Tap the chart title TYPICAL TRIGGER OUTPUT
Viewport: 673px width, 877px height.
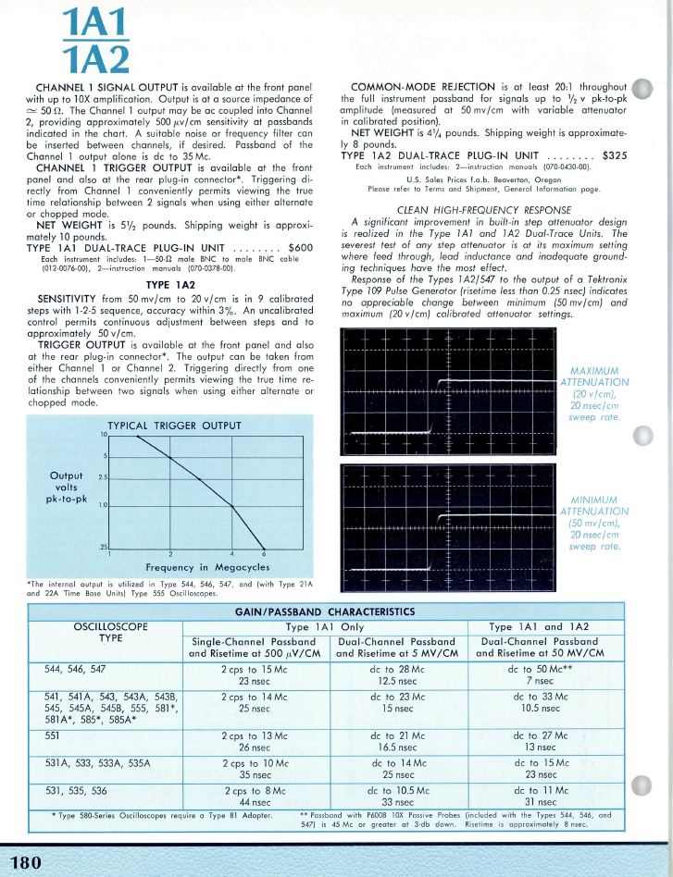coord(174,426)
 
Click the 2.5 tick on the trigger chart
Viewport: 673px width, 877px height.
coord(105,477)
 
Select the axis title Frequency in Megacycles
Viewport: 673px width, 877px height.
coord(204,567)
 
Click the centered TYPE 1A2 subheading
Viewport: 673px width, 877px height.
coord(170,284)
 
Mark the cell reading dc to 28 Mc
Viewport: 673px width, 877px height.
coord(397,667)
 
